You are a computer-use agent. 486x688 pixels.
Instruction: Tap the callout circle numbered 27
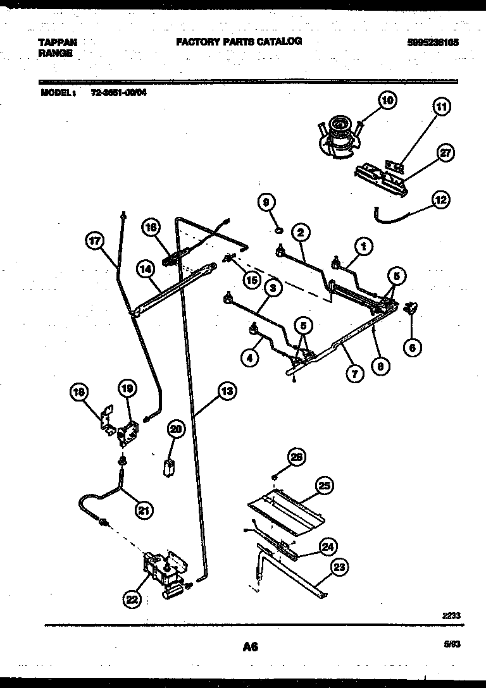coord(446,154)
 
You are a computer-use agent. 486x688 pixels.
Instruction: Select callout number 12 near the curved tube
coord(440,200)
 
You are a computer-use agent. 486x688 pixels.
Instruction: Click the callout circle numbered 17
coord(94,240)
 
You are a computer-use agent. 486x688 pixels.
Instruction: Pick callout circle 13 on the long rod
coord(227,391)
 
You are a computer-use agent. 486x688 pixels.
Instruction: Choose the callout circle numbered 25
coord(324,486)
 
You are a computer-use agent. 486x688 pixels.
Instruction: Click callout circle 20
coord(177,429)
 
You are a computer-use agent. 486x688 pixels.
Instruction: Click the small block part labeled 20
coord(169,469)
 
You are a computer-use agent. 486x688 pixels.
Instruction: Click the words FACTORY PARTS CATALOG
coord(238,41)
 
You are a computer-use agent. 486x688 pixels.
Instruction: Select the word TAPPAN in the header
coord(58,42)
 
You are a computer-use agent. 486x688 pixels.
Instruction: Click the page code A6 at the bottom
coord(250,646)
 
